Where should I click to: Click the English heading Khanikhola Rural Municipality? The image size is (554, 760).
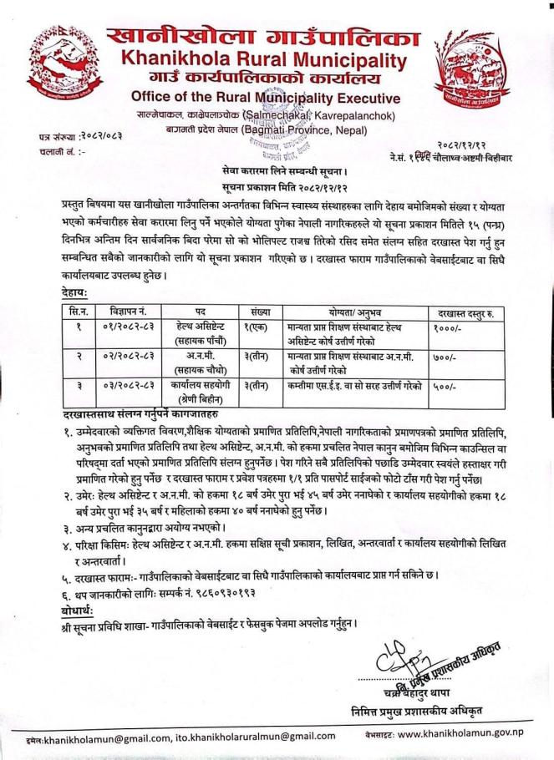tap(261, 58)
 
